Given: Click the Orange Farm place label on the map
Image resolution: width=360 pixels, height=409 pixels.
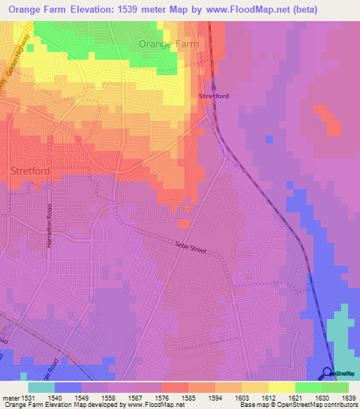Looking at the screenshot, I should coord(169,44).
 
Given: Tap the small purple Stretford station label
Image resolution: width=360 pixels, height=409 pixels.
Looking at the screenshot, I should coord(214,96).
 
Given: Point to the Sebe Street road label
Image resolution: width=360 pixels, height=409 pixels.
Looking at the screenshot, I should coord(192,247).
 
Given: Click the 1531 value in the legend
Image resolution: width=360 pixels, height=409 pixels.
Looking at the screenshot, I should coord(28,398).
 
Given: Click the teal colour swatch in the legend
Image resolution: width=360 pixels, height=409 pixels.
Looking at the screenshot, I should coord(41,387).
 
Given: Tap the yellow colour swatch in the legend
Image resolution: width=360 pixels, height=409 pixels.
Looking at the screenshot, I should coord(281,387).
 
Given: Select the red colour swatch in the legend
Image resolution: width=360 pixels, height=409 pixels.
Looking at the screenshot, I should coord(174,387).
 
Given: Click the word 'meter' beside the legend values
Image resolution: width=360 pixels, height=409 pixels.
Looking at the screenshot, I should coord(9,398).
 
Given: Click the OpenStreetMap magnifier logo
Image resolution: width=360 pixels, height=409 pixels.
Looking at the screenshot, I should coord(328,372).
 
